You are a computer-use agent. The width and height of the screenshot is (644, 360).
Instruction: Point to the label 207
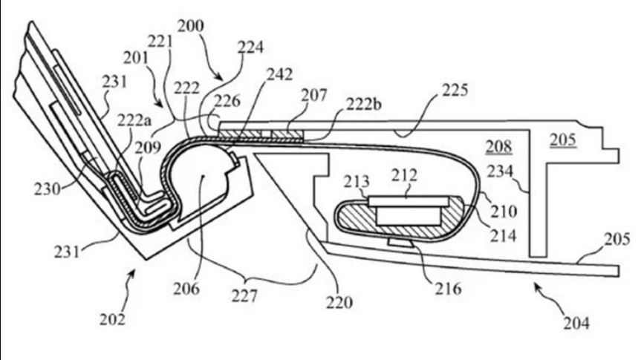pos(314,95)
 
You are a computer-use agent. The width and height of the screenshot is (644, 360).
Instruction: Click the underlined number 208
pos(495,145)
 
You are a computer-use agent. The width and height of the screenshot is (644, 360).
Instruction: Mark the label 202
pos(114,320)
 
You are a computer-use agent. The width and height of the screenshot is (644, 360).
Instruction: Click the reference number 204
pos(576,323)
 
